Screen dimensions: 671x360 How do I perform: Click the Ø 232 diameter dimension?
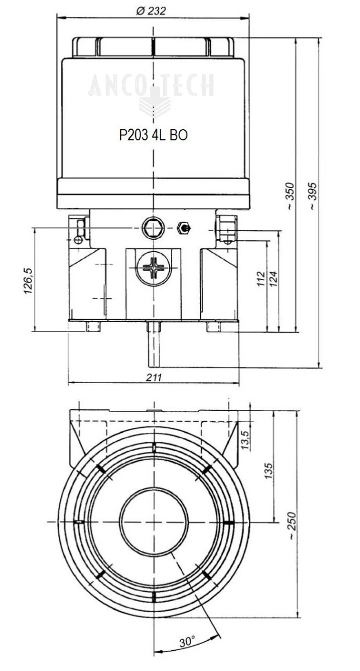click(x=151, y=11)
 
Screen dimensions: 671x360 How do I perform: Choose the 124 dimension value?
click(x=274, y=277)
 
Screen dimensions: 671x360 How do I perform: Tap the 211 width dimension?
click(x=154, y=378)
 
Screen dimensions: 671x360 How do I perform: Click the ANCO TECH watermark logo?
click(x=151, y=89)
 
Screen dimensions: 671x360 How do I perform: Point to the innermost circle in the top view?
click(x=153, y=522)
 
